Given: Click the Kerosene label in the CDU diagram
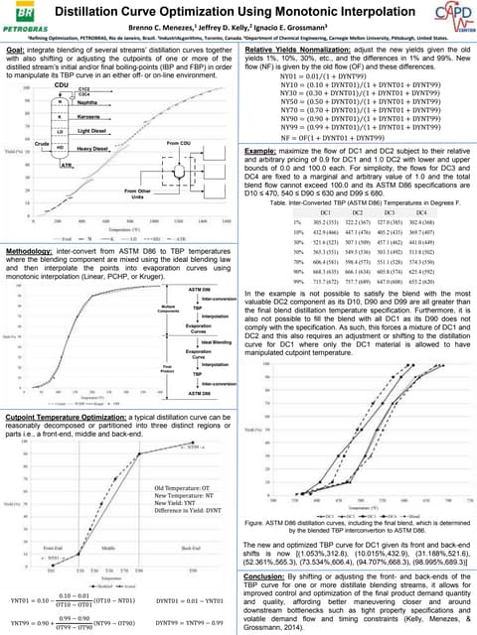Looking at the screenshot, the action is pos(90,117).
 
